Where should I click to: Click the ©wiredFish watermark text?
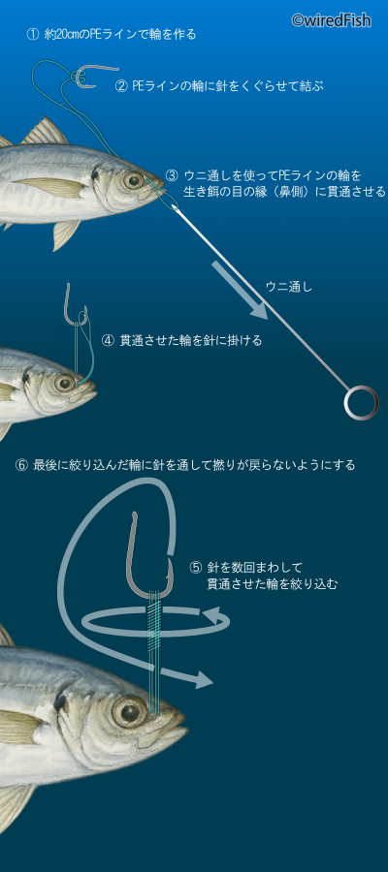tap(331, 20)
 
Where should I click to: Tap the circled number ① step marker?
tap(32, 35)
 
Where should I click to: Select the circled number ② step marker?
tap(121, 86)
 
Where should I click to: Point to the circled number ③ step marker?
tap(172, 175)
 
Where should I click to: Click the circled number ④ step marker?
tap(108, 340)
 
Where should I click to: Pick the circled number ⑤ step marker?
tap(195, 568)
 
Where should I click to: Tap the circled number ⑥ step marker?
tap(21, 465)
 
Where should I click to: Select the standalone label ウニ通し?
tap(289, 287)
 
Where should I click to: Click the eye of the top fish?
tap(134, 179)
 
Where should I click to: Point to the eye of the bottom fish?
tap(129, 711)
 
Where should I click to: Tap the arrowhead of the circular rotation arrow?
tap(220, 617)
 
